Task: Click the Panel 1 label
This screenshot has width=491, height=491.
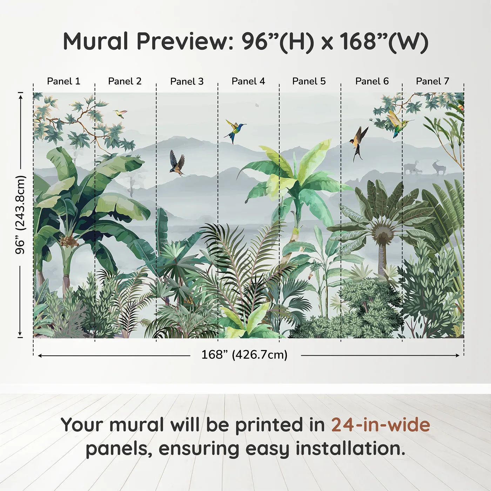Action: [63, 81]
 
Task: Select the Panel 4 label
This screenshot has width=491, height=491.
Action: [248, 81]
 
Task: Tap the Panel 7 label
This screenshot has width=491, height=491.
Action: [432, 81]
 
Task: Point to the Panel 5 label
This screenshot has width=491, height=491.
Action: [309, 81]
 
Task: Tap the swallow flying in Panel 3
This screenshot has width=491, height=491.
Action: [178, 163]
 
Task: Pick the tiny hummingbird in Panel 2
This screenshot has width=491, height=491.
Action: [120, 113]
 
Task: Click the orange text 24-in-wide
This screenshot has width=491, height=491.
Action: [381, 425]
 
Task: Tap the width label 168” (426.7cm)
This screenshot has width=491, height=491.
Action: [244, 355]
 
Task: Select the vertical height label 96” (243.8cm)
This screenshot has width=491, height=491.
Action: [20, 215]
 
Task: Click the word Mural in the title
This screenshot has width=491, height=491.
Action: [95, 41]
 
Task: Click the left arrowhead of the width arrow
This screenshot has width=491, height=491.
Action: [40, 356]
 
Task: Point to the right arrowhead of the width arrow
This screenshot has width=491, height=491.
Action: [458, 356]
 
